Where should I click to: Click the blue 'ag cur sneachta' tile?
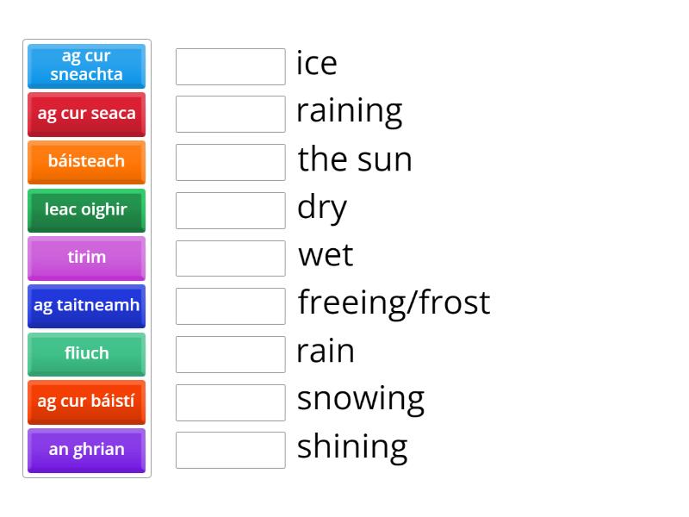point(87,66)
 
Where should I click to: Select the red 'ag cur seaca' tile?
point(87,115)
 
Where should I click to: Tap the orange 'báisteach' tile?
point(87,162)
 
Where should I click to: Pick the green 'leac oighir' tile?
point(87,210)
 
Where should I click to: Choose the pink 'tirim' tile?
point(87,258)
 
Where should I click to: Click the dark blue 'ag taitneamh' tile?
point(87,306)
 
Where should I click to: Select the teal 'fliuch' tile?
point(87,354)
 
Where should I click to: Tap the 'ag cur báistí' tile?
point(87,402)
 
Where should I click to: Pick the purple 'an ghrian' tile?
point(87,450)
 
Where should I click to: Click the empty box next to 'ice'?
point(231,67)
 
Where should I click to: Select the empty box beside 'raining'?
point(231,115)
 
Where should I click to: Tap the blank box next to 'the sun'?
point(231,162)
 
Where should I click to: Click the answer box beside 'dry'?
point(231,210)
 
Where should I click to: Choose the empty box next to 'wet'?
point(231,258)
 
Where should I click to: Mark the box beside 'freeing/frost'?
point(231,307)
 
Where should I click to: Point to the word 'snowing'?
point(361,400)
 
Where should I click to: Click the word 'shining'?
point(352,447)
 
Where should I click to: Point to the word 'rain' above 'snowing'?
point(326,352)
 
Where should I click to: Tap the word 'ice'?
point(316,63)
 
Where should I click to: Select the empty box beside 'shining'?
point(231,450)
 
